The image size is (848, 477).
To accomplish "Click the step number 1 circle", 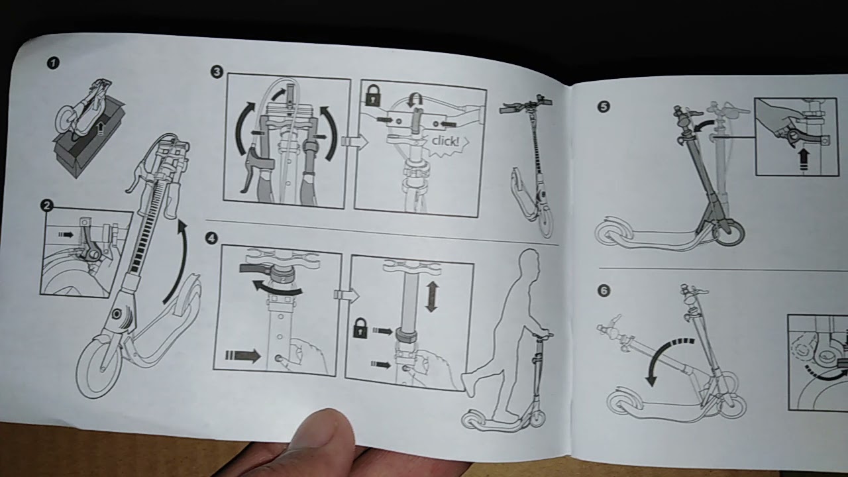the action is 53,63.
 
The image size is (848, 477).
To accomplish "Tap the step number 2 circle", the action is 46,205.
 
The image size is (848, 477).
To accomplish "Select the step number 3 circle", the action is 216,72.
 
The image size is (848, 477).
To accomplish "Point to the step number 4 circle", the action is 211,238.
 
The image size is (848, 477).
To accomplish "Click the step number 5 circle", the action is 604,107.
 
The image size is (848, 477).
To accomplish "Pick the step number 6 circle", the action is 604,291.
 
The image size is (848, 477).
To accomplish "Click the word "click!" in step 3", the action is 445,141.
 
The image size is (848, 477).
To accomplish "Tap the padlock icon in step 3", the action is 373,95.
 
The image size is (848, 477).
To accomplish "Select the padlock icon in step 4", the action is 360,328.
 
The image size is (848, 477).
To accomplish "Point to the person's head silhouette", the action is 530,264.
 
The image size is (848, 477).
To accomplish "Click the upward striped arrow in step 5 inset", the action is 804,160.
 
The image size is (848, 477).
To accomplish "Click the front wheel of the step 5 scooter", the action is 728,233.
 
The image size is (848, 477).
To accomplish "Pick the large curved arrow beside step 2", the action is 179,260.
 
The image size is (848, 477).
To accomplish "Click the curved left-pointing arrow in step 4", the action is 278,288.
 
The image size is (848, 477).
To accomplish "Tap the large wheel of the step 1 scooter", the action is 99,364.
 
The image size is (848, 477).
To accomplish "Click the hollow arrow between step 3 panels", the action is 354,142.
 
